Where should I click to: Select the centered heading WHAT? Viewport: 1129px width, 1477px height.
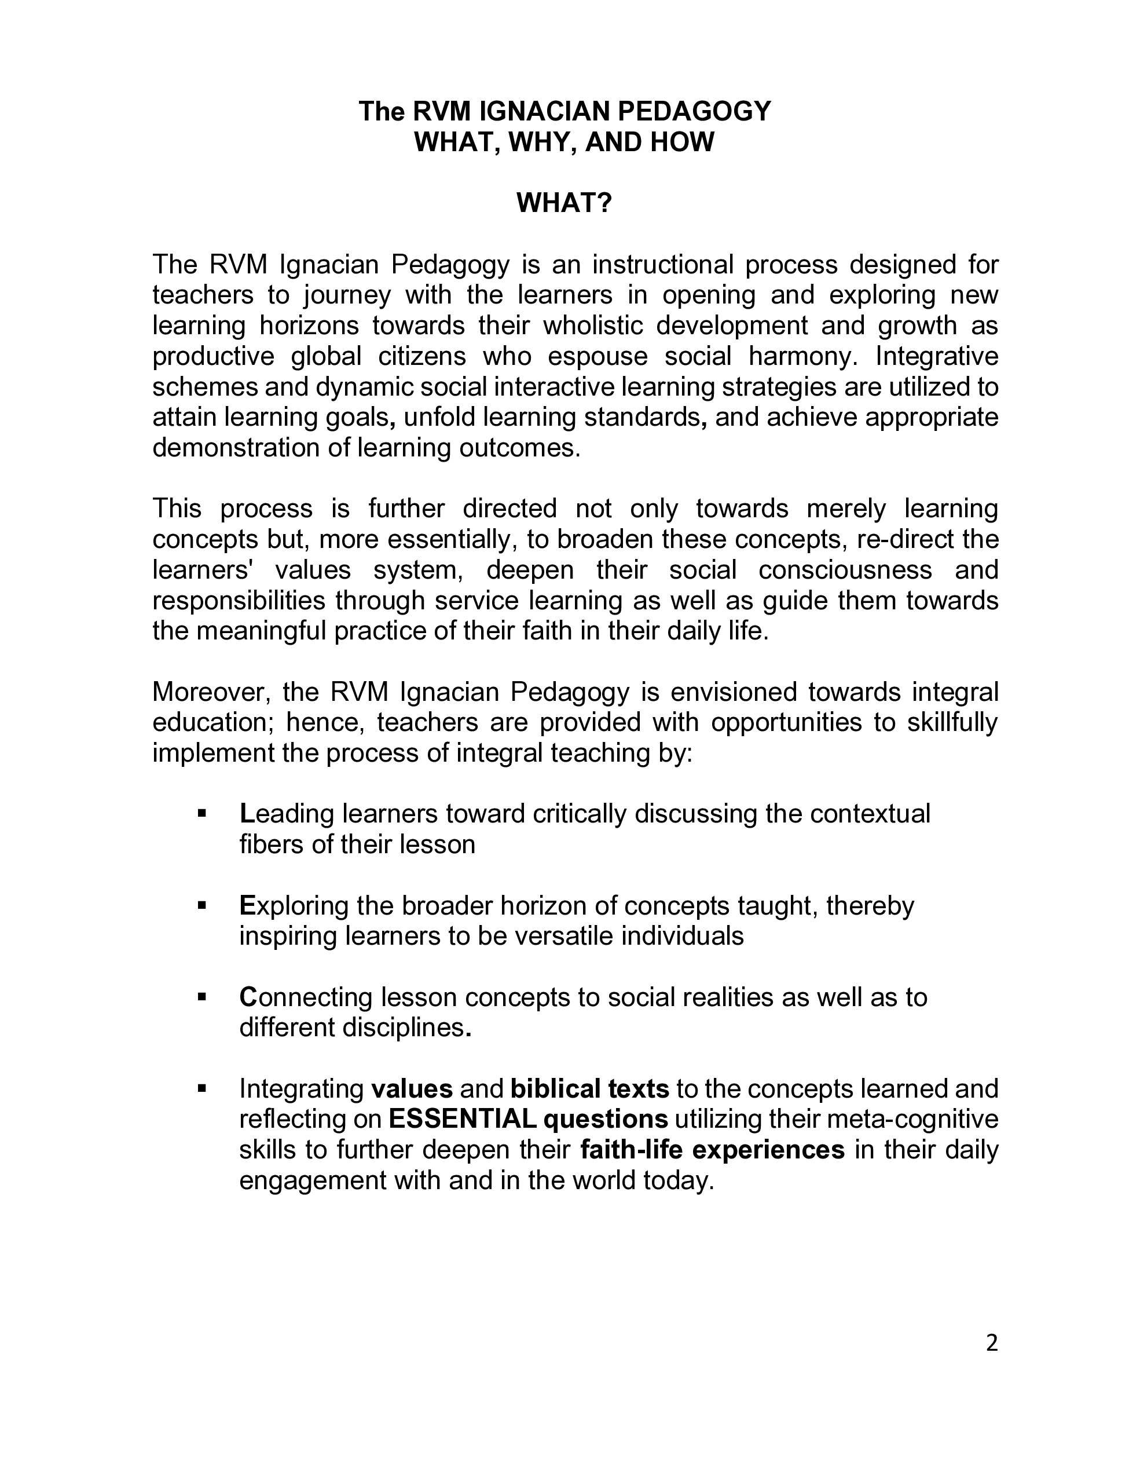[564, 203]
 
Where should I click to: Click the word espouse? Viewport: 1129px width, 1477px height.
[598, 356]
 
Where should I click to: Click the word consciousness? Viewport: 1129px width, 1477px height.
[845, 570]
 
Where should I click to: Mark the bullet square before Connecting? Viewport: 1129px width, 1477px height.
[201, 996]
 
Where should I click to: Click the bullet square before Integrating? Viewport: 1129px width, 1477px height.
[201, 1088]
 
